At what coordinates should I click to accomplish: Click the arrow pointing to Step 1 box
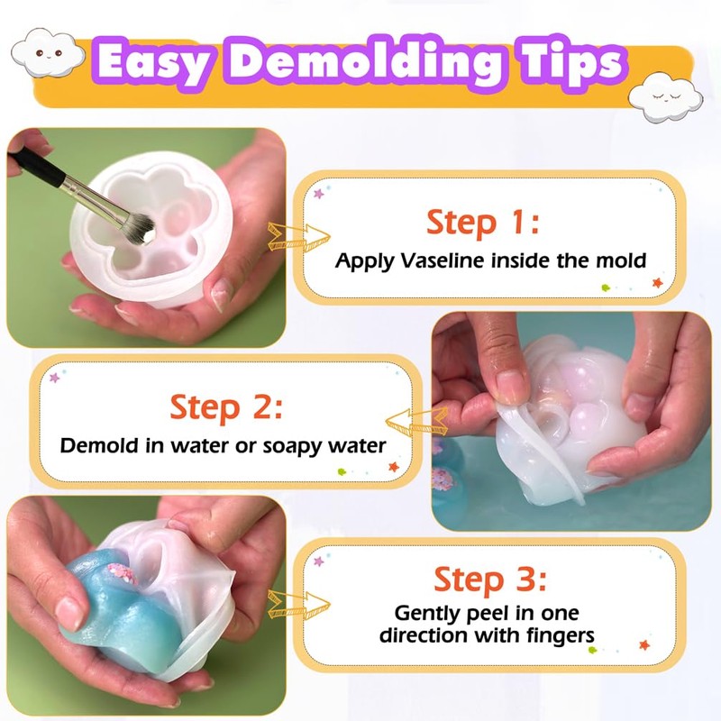[290, 237]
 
